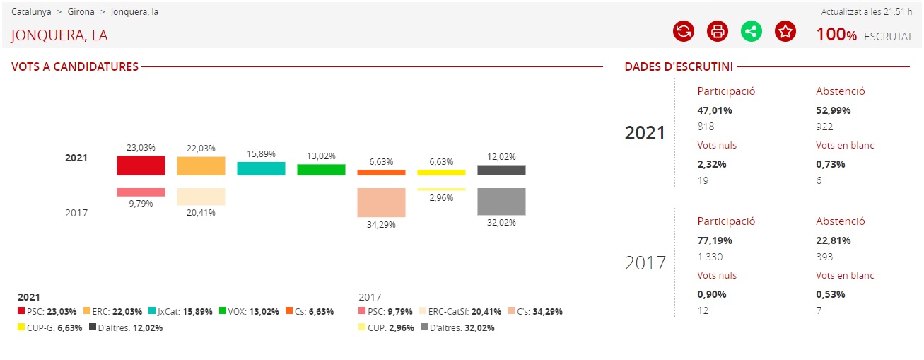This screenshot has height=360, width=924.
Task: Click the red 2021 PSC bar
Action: point(141,166)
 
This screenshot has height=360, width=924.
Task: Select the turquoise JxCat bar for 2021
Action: point(261,168)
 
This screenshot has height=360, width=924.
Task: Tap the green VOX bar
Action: point(321,170)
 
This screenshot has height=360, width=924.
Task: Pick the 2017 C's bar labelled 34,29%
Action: point(381,202)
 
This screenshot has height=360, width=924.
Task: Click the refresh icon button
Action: point(684,31)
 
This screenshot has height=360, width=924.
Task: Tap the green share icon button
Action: point(752,31)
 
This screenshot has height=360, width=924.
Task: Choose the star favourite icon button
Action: point(785,31)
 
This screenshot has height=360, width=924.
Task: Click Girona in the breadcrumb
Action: point(81,12)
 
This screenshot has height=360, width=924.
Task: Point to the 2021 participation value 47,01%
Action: point(715,110)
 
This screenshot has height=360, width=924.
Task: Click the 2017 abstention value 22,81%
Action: point(834,240)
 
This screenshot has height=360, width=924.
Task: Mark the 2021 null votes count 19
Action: point(703,180)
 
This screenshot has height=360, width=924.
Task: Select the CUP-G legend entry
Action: point(49,327)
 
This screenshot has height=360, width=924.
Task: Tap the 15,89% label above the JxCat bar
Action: point(261,154)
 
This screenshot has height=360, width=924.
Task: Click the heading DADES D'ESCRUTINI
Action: point(679,67)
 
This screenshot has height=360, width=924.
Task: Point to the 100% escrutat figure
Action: point(836,34)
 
